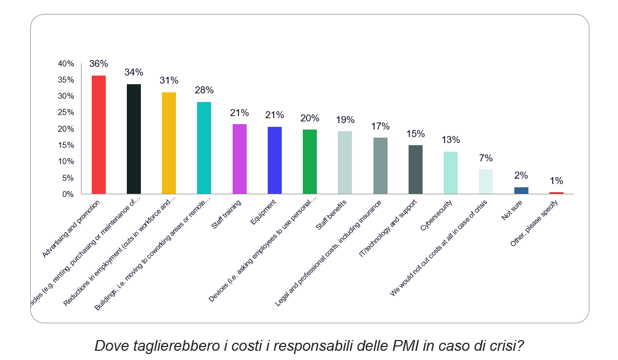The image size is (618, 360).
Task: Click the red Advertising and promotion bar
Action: click(x=99, y=134)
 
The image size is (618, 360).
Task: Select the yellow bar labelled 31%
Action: click(x=169, y=143)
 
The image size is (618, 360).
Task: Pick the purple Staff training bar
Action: click(x=239, y=159)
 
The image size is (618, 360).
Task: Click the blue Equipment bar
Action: click(x=275, y=160)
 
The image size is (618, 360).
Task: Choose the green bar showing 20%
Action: click(x=310, y=161)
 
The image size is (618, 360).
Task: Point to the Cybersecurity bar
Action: click(x=451, y=173)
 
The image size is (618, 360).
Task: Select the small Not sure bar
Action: click(x=521, y=191)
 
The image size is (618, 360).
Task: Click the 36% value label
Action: click(x=99, y=64)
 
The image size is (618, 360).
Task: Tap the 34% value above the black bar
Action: click(x=134, y=72)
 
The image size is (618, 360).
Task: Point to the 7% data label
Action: click(x=486, y=158)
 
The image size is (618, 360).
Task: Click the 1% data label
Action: click(x=556, y=181)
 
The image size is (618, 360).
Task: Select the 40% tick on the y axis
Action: click(x=66, y=64)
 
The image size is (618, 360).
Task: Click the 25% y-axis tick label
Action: click(x=66, y=112)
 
